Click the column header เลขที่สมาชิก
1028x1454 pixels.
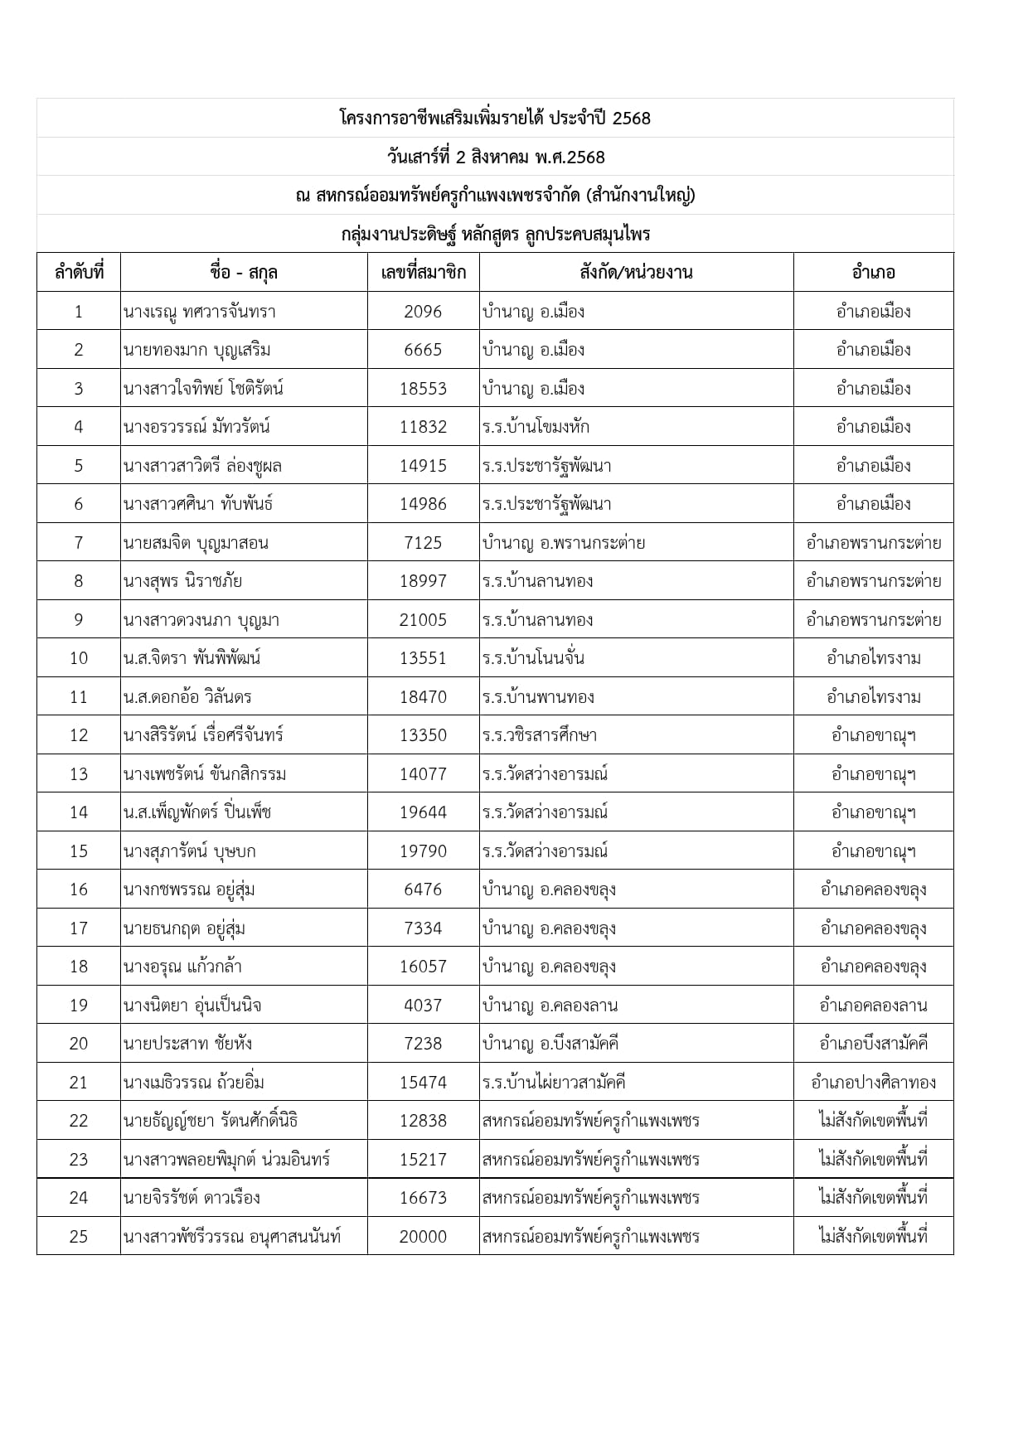pyautogui.click(x=423, y=272)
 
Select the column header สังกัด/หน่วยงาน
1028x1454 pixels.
pyautogui.click(x=636, y=272)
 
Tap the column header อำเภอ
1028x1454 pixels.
pyautogui.click(x=873, y=272)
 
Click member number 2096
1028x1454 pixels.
pyautogui.click(x=423, y=312)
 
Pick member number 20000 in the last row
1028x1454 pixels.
pyautogui.click(x=423, y=1236)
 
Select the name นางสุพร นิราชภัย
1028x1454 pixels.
pyautogui.click(x=182, y=581)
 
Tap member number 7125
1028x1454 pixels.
pyautogui.click(x=423, y=543)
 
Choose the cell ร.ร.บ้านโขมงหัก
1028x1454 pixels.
pyautogui.click(x=536, y=427)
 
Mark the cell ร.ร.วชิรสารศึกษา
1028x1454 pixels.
pyautogui.click(x=539, y=735)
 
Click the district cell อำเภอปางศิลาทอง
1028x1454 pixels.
pyautogui.click(x=873, y=1082)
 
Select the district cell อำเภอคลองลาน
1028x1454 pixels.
pyautogui.click(x=873, y=1006)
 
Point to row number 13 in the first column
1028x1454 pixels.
pyautogui.click(x=79, y=774)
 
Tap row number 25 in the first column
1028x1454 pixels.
pyautogui.click(x=79, y=1236)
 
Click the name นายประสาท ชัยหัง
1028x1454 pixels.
pyautogui.click(x=187, y=1044)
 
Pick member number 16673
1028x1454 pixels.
pyautogui.click(x=423, y=1198)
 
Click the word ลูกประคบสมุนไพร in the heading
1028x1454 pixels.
pyautogui.click(x=587, y=234)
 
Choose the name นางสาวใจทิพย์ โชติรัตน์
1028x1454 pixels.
pyautogui.click(x=203, y=389)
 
